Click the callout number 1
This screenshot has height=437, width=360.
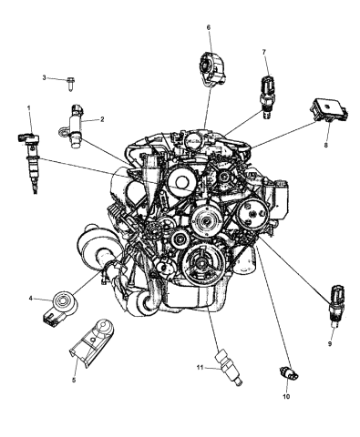(x=29, y=108)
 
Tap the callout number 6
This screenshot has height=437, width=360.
(x=208, y=28)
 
